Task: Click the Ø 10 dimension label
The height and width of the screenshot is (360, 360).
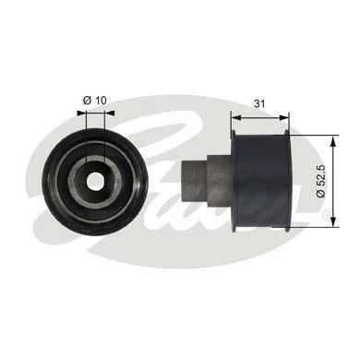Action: tap(95, 101)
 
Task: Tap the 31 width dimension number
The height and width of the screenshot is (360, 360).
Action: tap(259, 103)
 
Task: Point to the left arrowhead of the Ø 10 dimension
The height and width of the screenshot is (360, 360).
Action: tap(81, 114)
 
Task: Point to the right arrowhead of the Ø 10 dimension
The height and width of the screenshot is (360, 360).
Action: tap(110, 114)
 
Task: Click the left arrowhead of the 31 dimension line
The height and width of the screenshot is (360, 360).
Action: tap(236, 117)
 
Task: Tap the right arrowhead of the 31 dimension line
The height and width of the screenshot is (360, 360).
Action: tap(284, 117)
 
